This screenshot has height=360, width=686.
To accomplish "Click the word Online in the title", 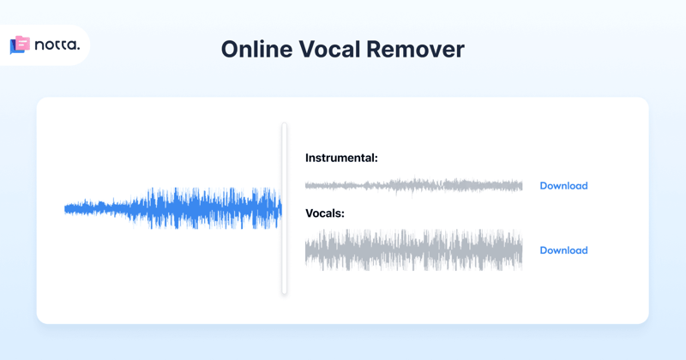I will click(x=256, y=49).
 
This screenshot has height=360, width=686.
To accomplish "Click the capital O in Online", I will click(x=230, y=49).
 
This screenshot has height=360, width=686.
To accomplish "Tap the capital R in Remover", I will click(x=374, y=49).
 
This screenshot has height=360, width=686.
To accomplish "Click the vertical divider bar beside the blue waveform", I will click(x=285, y=208).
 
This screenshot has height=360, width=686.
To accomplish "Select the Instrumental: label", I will click(x=341, y=158).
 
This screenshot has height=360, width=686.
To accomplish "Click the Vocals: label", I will click(x=325, y=213).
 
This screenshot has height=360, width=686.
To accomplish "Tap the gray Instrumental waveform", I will click(x=413, y=185).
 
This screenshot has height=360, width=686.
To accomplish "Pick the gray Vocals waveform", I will click(x=413, y=250).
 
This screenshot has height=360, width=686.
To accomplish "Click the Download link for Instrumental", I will click(x=563, y=186).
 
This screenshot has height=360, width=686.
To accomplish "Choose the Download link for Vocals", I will click(x=563, y=250).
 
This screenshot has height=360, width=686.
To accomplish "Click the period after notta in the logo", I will click(x=78, y=49).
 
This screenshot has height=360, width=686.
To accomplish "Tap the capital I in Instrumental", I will click(x=308, y=158).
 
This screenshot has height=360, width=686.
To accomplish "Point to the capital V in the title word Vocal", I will click(x=306, y=49).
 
